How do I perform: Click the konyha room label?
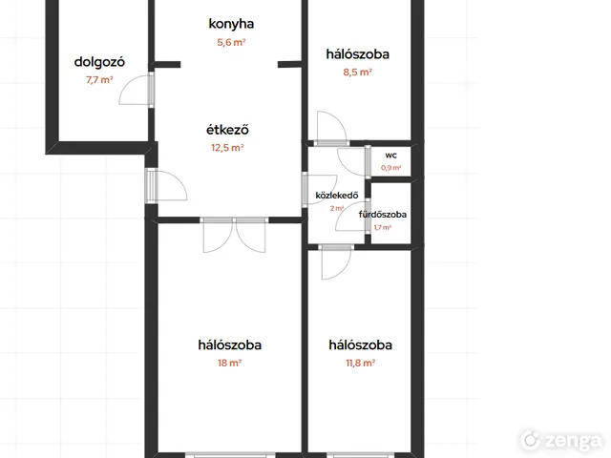[231, 24]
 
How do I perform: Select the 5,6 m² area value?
[231, 42]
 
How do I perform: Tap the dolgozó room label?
[99, 62]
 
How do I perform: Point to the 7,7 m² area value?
[99, 80]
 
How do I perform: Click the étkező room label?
[227, 130]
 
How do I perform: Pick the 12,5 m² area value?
[227, 148]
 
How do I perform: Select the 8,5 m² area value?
[357, 73]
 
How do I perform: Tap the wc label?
[390, 156]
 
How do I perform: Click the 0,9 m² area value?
[390, 168]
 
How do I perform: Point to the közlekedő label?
[337, 195]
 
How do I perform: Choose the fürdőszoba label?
[382, 214]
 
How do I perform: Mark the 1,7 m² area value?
[382, 227]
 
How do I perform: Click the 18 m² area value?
[229, 363]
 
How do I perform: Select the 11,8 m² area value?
[360, 363]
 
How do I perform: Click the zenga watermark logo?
[561, 440]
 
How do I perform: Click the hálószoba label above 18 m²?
[229, 345]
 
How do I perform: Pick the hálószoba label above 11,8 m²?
[360, 345]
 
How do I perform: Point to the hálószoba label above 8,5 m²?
[357, 54]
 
